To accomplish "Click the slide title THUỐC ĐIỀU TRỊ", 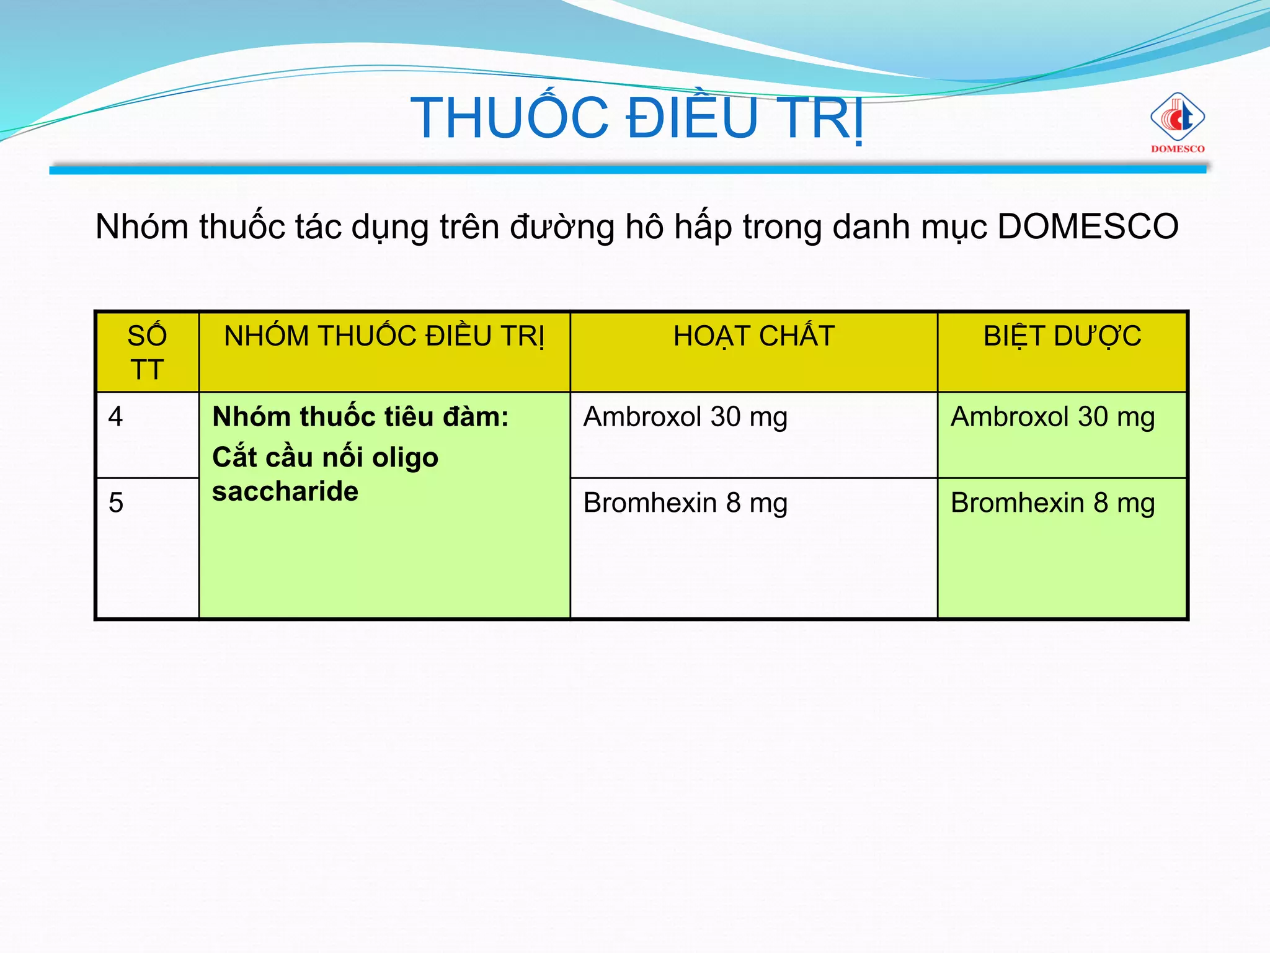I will coord(637,118).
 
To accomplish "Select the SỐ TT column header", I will coord(147,352).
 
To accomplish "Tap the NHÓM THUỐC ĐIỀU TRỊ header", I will coord(384,336).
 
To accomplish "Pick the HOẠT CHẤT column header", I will coord(753,336).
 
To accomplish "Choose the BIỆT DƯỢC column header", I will coord(1062,336).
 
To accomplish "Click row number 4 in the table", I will coord(116,416).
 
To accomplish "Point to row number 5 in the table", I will coord(116,503).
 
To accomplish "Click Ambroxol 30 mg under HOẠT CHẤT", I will coord(685,417).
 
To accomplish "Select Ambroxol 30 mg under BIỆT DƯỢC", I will coord(1052,417).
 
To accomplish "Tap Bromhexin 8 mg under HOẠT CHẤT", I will coord(685,503).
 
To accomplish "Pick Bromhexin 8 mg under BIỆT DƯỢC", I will coord(1052,503).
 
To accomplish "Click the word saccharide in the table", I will coord(285,492).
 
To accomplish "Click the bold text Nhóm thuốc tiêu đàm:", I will coord(360,417).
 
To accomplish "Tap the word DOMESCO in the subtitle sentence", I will coord(1088,226).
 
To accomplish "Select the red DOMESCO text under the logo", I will coord(1178,149).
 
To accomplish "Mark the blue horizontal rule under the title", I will coord(628,169).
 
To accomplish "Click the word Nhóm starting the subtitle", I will coord(142,226).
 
